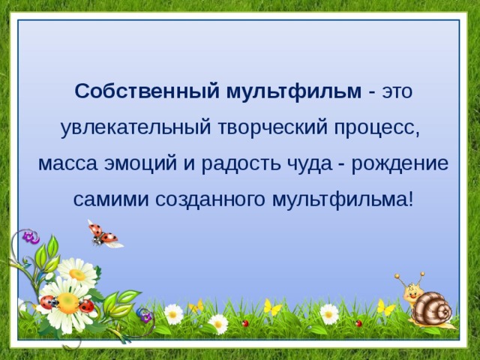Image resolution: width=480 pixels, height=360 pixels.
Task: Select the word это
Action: pyautogui.click(x=397, y=91)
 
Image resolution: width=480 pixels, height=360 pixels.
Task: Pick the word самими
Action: pyautogui.click(x=112, y=199)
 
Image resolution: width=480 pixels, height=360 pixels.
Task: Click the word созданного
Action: pyautogui.click(x=211, y=199)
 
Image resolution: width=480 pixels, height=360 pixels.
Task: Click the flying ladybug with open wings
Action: pyautogui.click(x=103, y=234)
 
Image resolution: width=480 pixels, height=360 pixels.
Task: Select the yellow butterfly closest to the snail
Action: pyautogui.click(x=385, y=307)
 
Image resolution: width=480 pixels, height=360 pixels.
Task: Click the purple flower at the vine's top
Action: pyautogui.click(x=30, y=237)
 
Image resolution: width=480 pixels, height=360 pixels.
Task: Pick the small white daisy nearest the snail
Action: pyautogui.click(x=329, y=313)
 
